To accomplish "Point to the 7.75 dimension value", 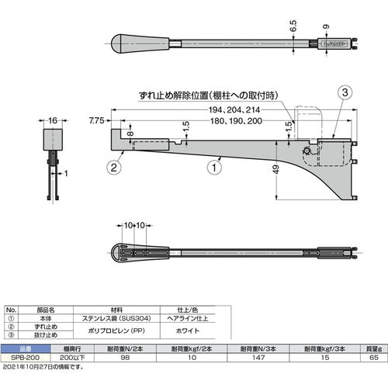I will [x=96, y=122].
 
